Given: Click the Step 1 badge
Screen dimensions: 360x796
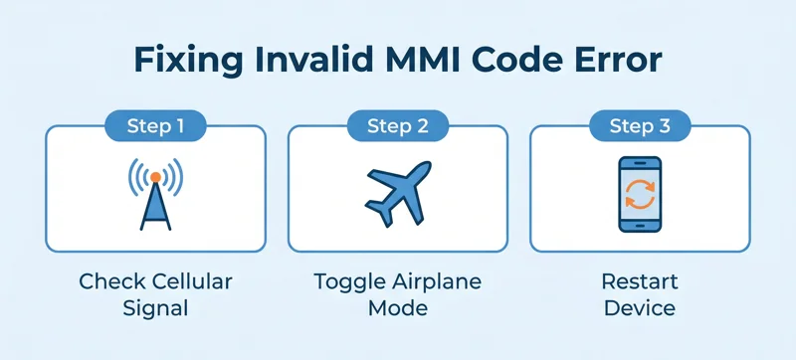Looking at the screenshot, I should tap(155, 125).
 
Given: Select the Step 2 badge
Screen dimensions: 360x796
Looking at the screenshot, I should tap(397, 125).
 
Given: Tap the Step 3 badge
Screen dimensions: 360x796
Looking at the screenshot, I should tap(639, 125).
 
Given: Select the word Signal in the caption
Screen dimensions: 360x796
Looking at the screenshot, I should tap(155, 308).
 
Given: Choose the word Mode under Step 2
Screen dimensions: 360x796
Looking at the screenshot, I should tap(398, 308).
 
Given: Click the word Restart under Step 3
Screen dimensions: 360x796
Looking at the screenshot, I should tap(639, 281).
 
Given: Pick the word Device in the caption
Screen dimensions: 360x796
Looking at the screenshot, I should tap(639, 308).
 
